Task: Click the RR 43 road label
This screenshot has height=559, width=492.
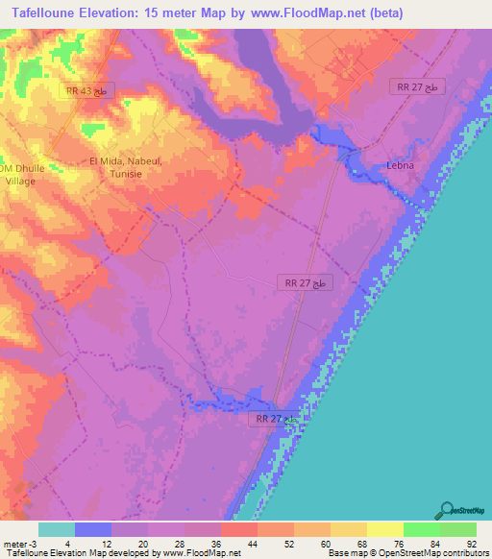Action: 90,90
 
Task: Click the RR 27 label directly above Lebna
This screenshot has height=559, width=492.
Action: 419,86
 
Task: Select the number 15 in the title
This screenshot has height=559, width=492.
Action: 164,12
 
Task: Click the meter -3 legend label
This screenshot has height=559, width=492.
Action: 21,544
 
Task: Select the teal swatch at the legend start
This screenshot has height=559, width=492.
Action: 57,529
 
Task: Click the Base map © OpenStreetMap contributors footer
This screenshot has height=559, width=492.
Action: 408,553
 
